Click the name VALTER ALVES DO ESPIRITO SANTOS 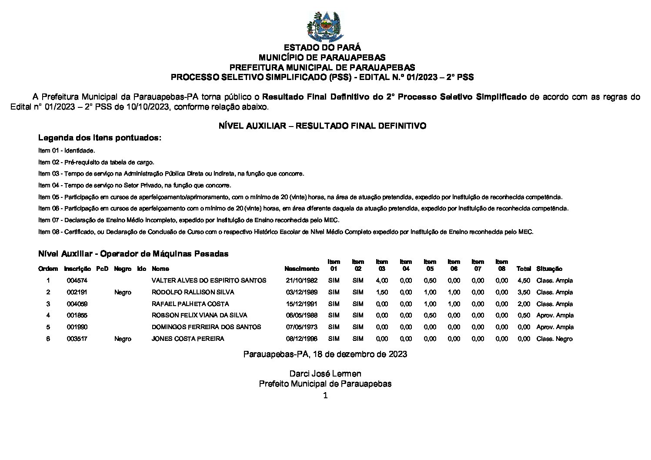coord(209,280)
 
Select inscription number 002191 coord(77,292)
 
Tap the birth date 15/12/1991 coord(301,304)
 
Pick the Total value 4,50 coord(524,280)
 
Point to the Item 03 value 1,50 coord(381,292)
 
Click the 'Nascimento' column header coord(301,269)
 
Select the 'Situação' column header coord(549,269)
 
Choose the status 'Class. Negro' coord(554,339)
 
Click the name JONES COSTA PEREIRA coord(188,339)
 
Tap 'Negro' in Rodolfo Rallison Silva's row coord(123,292)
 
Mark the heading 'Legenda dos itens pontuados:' coord(100,138)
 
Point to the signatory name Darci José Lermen coord(325,373)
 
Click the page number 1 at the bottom coord(325,395)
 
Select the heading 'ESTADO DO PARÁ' coord(322,47)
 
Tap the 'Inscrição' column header coord(77,269)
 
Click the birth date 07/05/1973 coord(301,327)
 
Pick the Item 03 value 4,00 coord(381,280)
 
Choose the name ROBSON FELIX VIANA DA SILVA coord(199,315)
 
